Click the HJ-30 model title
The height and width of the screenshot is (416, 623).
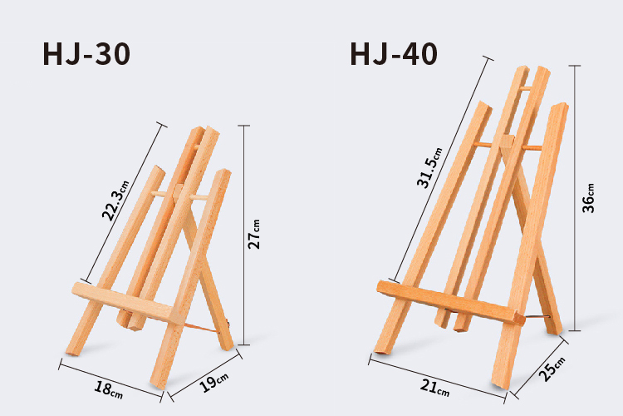[86, 54]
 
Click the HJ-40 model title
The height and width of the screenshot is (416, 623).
[394, 54]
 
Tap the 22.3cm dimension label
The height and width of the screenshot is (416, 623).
[115, 201]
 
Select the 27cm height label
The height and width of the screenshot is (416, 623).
[254, 234]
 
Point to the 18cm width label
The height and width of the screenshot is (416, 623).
[109, 389]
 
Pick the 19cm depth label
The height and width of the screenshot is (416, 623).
[213, 382]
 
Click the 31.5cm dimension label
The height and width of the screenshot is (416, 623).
[429, 167]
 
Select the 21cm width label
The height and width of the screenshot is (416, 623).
[435, 388]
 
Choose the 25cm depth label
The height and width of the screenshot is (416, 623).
[552, 369]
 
